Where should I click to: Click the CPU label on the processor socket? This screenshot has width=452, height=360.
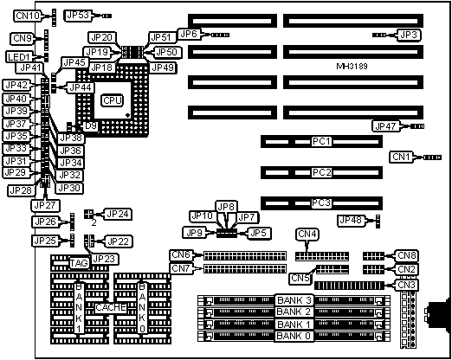point(112,100)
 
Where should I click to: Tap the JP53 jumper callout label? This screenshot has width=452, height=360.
point(78,16)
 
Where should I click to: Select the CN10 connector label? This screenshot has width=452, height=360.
point(28,16)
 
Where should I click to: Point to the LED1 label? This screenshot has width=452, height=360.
point(19,57)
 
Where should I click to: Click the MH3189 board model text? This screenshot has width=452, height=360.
point(352,67)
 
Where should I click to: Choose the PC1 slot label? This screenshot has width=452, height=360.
point(322,141)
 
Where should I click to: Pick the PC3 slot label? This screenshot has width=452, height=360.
point(321,202)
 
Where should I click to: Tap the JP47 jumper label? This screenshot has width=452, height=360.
point(385,126)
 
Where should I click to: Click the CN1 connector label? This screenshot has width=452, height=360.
point(402,157)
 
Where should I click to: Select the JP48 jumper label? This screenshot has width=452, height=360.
point(351,221)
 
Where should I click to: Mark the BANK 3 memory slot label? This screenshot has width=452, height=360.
point(294,300)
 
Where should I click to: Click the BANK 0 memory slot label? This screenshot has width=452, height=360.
point(294,336)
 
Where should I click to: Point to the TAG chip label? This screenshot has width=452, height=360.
point(79,263)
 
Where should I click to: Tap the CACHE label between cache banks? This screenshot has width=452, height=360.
point(111,307)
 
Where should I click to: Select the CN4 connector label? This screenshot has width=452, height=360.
point(307,234)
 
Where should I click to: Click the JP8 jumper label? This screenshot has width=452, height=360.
point(226,207)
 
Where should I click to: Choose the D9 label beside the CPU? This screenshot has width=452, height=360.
point(91,126)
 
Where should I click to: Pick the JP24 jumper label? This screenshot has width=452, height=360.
point(119,214)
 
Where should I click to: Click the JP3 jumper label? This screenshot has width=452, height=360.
point(409,35)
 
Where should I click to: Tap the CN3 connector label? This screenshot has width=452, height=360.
point(406,285)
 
